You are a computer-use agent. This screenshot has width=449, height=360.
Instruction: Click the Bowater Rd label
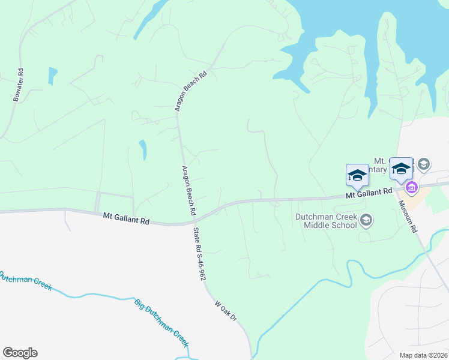[x=17, y=85]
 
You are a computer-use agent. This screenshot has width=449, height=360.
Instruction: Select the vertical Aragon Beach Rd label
[x=188, y=191]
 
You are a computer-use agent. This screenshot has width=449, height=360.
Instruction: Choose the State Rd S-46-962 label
[x=199, y=254]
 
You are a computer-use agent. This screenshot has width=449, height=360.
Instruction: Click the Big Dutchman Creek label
[x=161, y=323]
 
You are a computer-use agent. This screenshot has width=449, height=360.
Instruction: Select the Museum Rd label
[x=406, y=217]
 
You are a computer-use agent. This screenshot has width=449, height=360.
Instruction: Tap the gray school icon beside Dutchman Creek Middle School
[x=366, y=221]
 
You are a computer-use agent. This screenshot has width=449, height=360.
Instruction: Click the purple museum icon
[x=412, y=188]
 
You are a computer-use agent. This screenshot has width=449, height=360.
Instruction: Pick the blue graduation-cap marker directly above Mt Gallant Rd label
[x=357, y=175]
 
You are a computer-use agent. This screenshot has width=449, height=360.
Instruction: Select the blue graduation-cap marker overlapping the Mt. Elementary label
[x=401, y=168]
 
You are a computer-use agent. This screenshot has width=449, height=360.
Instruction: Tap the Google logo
[x=20, y=353]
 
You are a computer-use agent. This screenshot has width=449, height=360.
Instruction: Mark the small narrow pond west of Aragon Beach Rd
[x=143, y=150]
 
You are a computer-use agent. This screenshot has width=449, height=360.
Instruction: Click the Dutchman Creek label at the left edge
[x=24, y=283]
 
